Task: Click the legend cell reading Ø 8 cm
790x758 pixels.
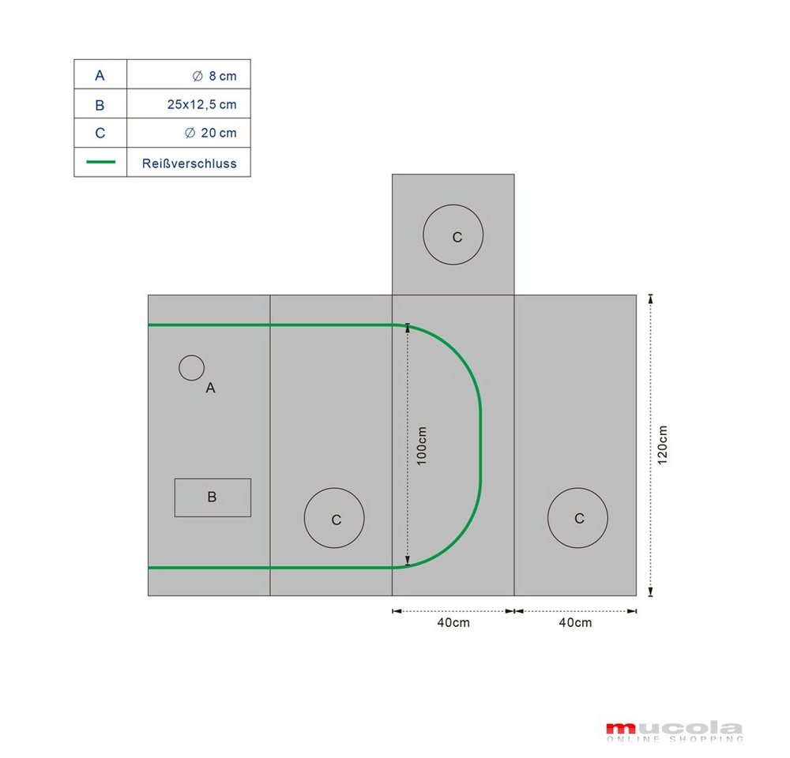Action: (x=214, y=76)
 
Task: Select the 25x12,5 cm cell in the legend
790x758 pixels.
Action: (x=201, y=105)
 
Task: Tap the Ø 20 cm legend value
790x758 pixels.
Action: (x=211, y=133)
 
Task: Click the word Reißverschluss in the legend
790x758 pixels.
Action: (x=189, y=163)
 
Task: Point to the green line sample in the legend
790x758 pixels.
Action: (x=101, y=162)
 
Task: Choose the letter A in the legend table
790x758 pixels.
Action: (x=100, y=76)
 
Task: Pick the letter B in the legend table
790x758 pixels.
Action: (x=100, y=105)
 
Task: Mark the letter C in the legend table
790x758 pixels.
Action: (x=100, y=133)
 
